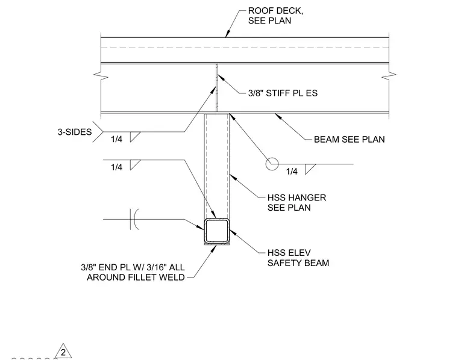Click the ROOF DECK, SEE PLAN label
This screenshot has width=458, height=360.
275,16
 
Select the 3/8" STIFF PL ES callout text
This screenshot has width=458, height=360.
283,93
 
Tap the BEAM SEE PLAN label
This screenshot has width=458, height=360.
349,140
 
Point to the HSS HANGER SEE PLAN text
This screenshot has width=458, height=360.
296,202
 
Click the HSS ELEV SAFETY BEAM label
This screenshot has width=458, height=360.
298,258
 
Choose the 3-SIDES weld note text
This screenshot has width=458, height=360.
75,132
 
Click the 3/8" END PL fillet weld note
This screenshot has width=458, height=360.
133,272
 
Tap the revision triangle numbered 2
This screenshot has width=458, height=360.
63,351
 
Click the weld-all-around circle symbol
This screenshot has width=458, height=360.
272,164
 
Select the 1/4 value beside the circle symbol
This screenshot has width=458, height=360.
292,171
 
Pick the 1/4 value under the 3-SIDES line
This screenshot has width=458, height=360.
116,139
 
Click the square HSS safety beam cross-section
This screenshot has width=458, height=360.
216,231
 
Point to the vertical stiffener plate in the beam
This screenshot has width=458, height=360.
217,87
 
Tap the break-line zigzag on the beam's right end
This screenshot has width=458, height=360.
389,76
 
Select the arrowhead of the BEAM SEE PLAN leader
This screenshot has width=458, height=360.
278,116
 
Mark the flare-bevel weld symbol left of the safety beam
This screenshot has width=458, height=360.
134,219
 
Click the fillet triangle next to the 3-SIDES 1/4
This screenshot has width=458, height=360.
135,137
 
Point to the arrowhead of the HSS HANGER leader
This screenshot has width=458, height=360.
233,177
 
